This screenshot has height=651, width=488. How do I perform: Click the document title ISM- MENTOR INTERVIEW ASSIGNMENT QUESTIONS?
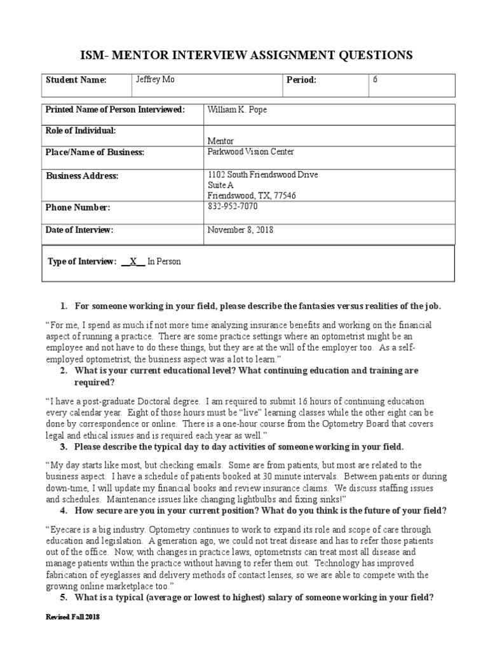[x=244, y=55]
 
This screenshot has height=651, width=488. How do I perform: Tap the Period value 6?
[x=375, y=80]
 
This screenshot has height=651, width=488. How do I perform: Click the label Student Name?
[x=76, y=81]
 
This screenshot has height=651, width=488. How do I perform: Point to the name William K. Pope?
[x=238, y=110]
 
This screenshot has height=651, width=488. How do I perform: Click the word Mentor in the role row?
[x=220, y=141]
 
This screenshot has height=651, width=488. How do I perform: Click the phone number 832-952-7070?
[x=233, y=207]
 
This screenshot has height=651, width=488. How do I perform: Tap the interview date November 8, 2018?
[x=241, y=230]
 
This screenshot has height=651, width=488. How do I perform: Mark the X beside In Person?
[x=133, y=262]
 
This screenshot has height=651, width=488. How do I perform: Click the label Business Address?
[x=82, y=176]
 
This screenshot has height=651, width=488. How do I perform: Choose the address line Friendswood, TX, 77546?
[x=252, y=195]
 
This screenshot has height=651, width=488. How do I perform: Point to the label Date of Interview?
[x=79, y=230]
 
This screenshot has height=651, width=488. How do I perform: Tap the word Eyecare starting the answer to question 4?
[x=64, y=530]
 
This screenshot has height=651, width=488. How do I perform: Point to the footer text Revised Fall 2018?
[x=72, y=617]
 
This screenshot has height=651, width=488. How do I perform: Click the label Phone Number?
[x=78, y=208]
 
